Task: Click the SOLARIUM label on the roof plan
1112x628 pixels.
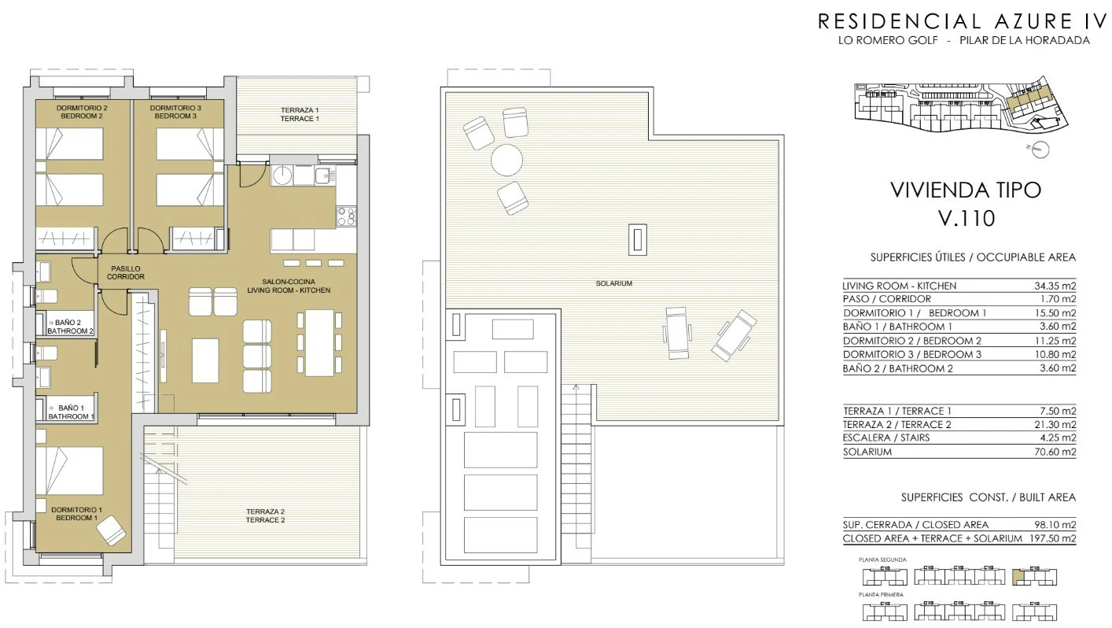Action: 613,283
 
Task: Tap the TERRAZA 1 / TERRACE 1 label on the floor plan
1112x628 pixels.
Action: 300,114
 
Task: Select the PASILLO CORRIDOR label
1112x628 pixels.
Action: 126,273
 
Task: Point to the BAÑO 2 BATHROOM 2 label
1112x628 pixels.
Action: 70,327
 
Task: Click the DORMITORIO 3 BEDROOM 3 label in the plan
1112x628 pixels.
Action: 175,112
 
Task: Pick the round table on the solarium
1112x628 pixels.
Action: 507,160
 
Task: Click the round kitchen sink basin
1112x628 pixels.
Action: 283,175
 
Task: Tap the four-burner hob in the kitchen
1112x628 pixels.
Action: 346,216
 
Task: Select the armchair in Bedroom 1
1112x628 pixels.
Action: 111,530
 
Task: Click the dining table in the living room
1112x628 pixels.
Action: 319,343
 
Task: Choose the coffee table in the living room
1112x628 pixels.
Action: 205,360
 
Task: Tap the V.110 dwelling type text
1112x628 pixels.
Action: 967,219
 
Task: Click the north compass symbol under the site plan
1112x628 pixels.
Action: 1039,149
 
